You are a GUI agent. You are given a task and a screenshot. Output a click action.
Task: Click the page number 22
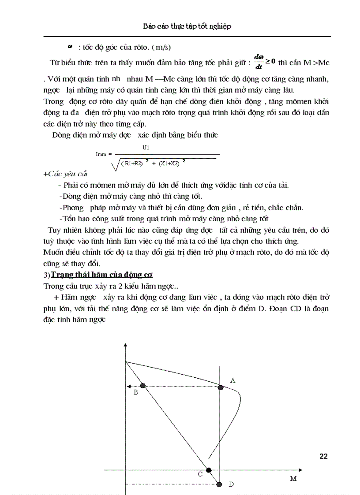pos(323,456)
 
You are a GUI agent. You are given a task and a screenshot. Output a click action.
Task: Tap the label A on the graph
pos(233,380)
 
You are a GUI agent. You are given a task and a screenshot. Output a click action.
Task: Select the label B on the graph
pos(136,392)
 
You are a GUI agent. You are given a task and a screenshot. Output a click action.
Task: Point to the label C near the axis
pos(200,474)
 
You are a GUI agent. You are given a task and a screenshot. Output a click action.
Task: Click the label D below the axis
pos(231,484)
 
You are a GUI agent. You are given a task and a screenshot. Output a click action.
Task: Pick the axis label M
pos(293,478)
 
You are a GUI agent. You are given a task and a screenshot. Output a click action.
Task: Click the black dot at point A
pos(220,387)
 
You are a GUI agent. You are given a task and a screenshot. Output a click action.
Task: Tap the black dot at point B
pos(142,386)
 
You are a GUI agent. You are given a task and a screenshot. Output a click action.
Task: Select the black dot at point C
pos(209,470)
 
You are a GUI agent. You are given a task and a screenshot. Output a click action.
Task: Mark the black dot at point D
pos(219,484)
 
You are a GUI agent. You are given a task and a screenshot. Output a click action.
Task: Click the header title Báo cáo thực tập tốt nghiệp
pos(187,26)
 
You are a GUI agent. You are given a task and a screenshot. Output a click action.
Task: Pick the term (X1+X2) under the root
pos(169,163)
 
